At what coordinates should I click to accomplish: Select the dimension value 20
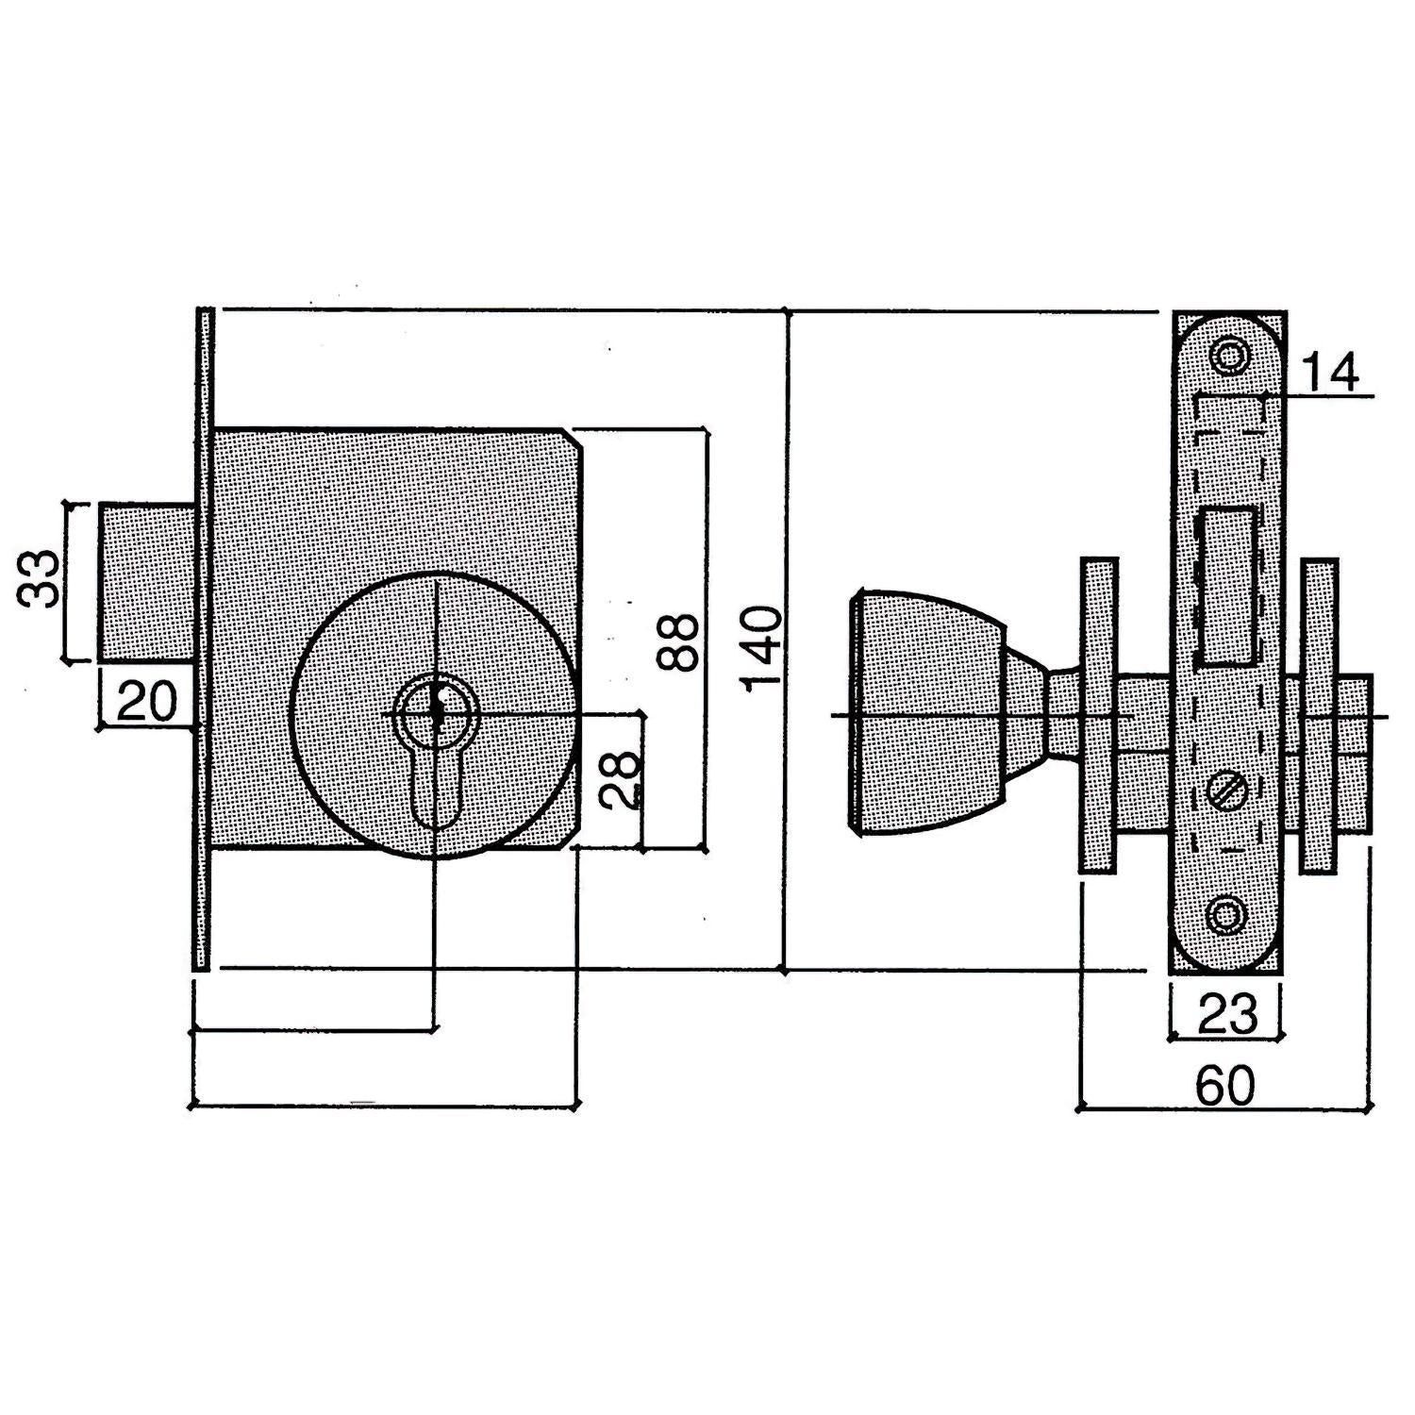147,702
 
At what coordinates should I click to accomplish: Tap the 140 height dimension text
762,650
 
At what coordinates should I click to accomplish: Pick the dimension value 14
1330,372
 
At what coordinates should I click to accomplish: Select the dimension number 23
1227,1015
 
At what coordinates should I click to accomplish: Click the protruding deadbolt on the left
146,583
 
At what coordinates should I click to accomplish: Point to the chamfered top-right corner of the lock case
573,439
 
